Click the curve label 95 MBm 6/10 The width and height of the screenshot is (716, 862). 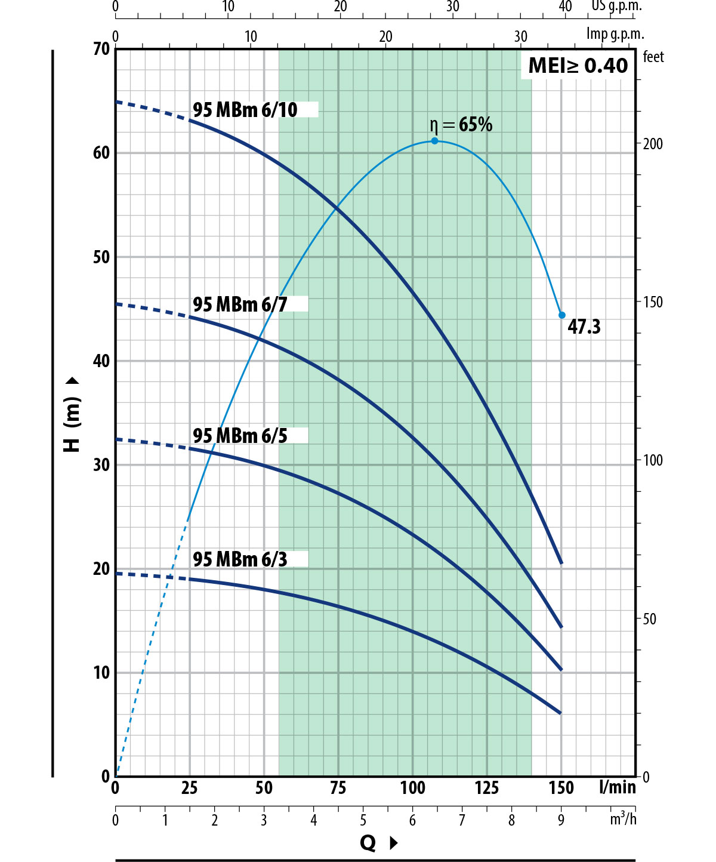point(245,110)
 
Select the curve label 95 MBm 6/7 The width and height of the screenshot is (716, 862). point(240,304)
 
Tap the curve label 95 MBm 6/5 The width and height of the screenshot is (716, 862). point(240,436)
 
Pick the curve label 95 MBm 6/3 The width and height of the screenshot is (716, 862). point(240,559)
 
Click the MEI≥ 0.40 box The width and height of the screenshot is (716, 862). point(578,65)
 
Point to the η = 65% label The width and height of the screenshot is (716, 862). point(461,124)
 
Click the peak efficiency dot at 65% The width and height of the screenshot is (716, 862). point(434,141)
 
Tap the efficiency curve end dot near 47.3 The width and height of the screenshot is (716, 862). point(562,315)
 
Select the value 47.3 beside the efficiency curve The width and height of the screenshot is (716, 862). point(584,327)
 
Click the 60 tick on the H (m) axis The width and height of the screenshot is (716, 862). point(101,153)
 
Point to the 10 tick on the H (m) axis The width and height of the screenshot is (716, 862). point(101,673)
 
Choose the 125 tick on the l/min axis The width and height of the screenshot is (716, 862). point(487,788)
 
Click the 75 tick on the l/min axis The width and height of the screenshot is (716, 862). point(338,788)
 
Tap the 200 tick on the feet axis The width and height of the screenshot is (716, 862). point(653,144)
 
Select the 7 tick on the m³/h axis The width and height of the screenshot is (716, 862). point(462,820)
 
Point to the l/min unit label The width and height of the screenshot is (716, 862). point(618,787)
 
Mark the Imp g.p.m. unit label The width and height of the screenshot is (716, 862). point(615,34)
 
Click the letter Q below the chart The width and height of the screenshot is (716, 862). point(368,843)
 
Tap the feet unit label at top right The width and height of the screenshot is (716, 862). point(653,57)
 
